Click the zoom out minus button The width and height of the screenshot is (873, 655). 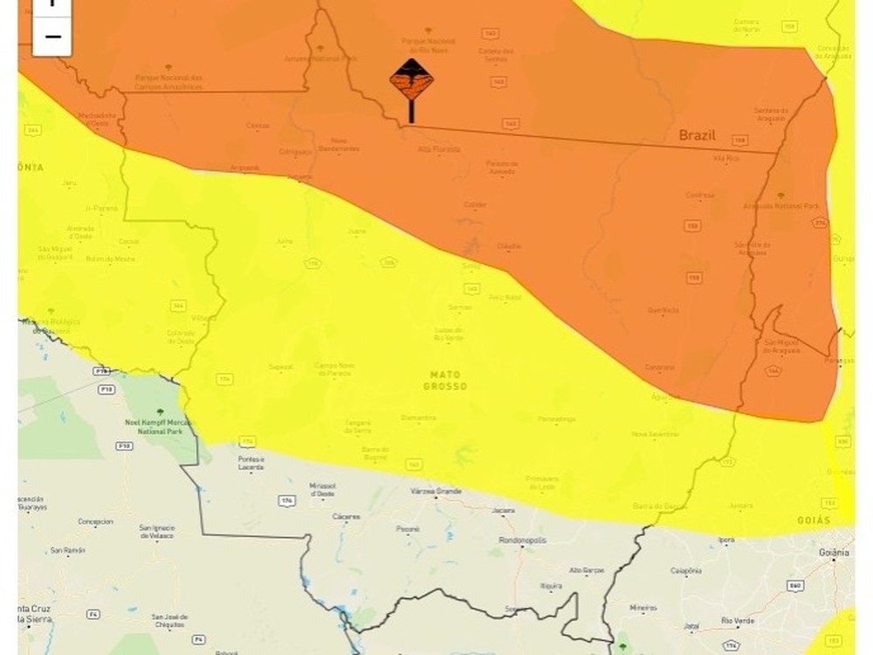coord(52,36)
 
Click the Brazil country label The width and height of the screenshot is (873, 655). coord(698,135)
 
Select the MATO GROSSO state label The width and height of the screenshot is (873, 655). coord(445,380)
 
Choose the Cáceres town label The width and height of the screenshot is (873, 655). coord(346,516)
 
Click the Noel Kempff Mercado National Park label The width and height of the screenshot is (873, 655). coord(159,425)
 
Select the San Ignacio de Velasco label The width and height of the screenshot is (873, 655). coord(157,532)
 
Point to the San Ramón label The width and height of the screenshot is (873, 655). coord(66,550)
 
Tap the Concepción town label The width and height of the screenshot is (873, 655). coord(95,521)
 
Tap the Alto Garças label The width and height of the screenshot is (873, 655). coord(587,569)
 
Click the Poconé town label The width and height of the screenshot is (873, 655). coord(409,528)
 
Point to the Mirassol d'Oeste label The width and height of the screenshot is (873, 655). coord(322,490)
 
